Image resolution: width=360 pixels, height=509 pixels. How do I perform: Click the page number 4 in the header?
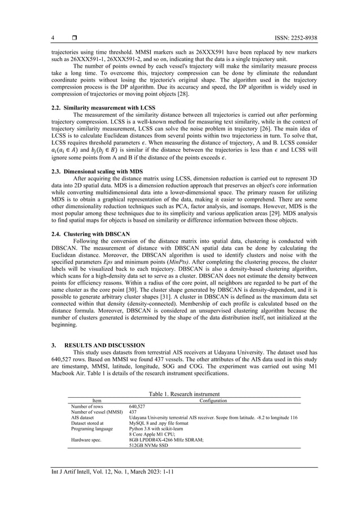pyautogui.click(x=52, y=38)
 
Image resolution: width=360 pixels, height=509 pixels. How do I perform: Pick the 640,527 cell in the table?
pyautogui.click(x=138, y=406)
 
